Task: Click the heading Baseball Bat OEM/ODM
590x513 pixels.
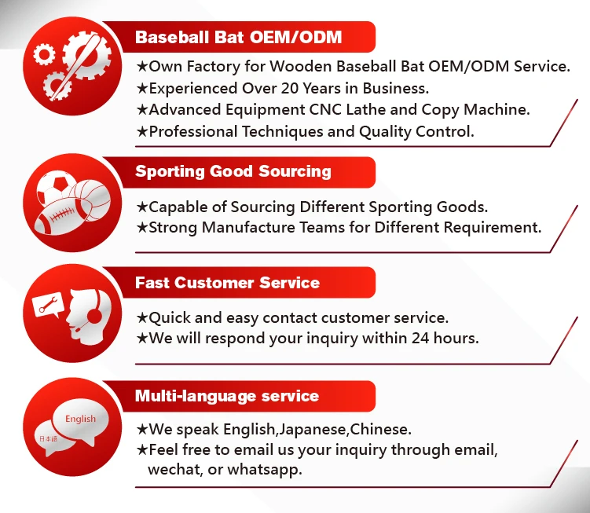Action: [238, 37]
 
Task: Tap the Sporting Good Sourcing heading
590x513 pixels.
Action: [233, 171]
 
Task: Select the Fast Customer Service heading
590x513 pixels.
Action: [227, 283]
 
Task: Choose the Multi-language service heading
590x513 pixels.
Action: [227, 396]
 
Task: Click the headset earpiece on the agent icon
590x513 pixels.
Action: [94, 315]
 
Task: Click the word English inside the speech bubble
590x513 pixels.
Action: [80, 419]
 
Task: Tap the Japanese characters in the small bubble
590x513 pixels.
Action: [48, 438]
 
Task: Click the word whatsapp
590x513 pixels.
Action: [265, 469]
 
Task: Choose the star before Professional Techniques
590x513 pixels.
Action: [142, 131]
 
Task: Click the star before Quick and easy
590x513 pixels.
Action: [142, 317]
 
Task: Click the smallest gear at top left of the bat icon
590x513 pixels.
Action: [44, 54]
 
